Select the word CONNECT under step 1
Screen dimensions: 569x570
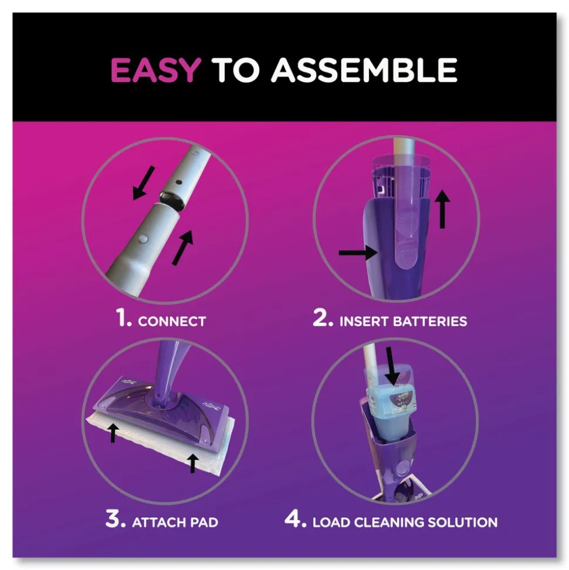[x=172, y=321]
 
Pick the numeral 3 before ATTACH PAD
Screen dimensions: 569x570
[x=115, y=518]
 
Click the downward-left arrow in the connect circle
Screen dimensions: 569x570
[x=143, y=183]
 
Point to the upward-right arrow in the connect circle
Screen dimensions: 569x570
[x=182, y=248]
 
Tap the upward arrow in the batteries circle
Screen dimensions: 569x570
[x=442, y=208]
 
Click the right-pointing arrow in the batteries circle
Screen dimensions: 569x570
[x=358, y=252]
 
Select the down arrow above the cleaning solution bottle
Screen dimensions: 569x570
[x=392, y=366]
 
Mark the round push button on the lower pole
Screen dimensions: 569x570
[x=144, y=238]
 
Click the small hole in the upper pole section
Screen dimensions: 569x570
[x=178, y=181]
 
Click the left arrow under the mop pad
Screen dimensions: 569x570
[x=114, y=433]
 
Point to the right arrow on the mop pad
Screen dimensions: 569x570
[x=193, y=463]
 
